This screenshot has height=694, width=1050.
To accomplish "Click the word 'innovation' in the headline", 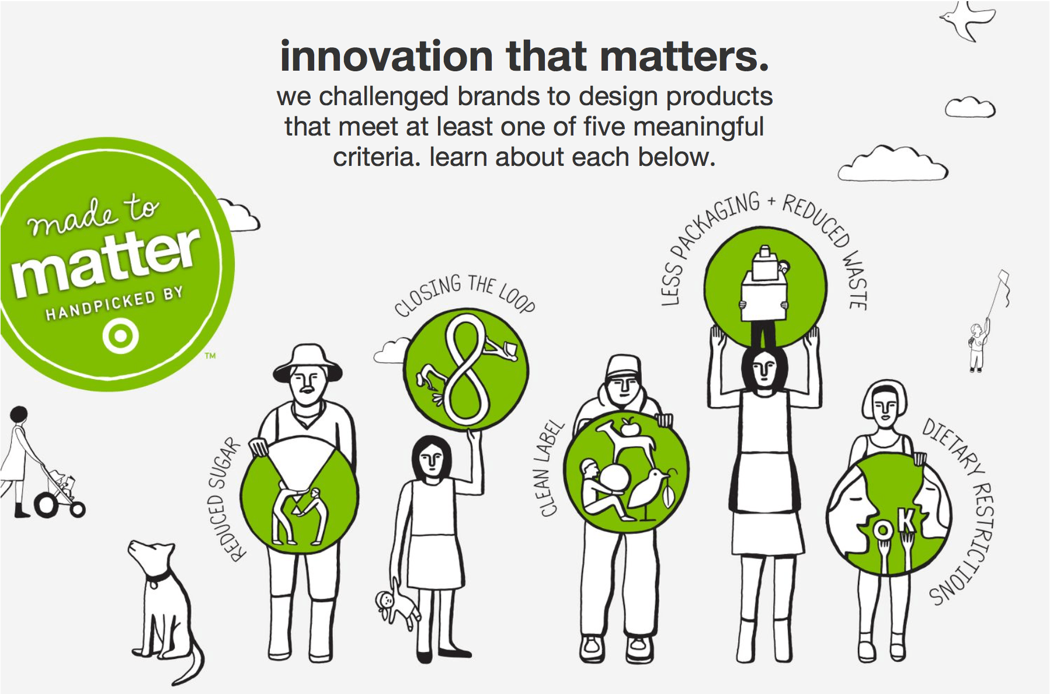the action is pos(387,57).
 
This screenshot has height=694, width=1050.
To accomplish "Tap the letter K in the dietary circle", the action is pos(905,520).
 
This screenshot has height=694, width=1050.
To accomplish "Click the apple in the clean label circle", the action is pos(630,428).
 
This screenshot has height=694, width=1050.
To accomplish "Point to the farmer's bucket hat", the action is pos(307,363).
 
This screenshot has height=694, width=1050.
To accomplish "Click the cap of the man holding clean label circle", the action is pos(624,367).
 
